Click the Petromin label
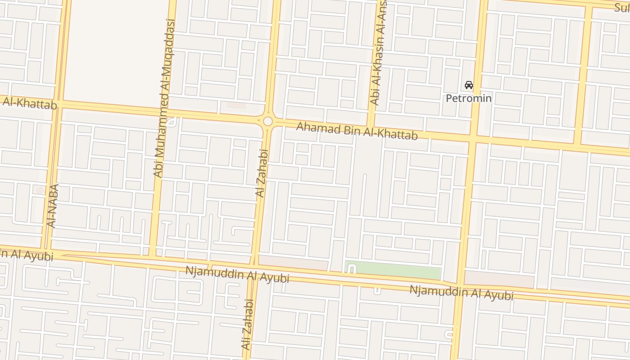[x=468, y=98]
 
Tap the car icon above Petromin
[x=468, y=85]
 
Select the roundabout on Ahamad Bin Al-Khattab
[x=268, y=121]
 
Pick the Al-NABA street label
[x=52, y=206]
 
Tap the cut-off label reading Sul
[x=622, y=7]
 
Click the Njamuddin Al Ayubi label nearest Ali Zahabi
[x=237, y=274]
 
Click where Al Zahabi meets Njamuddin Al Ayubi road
[x=253, y=266]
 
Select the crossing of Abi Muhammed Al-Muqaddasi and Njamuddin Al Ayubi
[x=152, y=259]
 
